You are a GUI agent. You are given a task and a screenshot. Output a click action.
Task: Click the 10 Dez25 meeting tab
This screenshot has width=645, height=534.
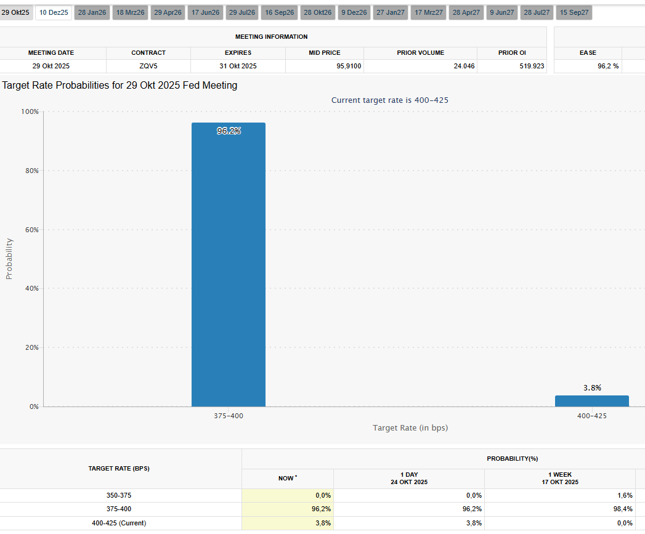pyautogui.click(x=54, y=12)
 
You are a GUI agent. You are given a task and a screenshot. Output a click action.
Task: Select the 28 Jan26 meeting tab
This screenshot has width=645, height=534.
pyautogui.click(x=91, y=12)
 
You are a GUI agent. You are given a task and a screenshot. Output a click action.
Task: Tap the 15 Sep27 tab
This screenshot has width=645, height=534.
pyautogui.click(x=574, y=12)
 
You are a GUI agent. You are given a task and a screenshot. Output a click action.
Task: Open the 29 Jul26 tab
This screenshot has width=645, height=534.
pyautogui.click(x=241, y=12)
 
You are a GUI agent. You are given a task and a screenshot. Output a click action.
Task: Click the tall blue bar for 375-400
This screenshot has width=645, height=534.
pyautogui.click(x=228, y=265)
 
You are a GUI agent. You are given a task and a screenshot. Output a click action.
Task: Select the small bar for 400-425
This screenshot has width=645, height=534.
pyautogui.click(x=591, y=401)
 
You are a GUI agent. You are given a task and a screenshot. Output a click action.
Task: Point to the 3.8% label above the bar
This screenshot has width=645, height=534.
pyautogui.click(x=592, y=388)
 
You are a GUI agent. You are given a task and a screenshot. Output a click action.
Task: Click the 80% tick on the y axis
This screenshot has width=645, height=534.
pyautogui.click(x=31, y=171)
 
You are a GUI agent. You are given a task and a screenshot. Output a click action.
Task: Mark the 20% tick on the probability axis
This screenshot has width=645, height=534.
pyautogui.click(x=31, y=347)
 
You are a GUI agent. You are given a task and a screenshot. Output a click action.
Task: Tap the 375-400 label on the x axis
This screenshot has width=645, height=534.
pyautogui.click(x=228, y=416)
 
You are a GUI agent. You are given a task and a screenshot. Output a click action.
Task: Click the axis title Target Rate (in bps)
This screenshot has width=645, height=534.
pyautogui.click(x=410, y=427)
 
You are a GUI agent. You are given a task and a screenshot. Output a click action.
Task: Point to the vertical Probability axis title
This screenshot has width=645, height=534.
pyautogui.click(x=9, y=259)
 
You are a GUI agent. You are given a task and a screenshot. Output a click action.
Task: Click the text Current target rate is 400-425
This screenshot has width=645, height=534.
pyautogui.click(x=394, y=100)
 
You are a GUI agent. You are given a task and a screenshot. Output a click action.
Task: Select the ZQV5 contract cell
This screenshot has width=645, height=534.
pyautogui.click(x=148, y=66)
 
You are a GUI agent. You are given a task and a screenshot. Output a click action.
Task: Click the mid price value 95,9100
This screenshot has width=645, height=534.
pyautogui.click(x=349, y=66)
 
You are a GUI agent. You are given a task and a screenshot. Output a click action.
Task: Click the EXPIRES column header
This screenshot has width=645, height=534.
pyautogui.click(x=237, y=53)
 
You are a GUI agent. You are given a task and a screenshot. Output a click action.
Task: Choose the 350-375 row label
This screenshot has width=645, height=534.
pyautogui.click(x=119, y=495)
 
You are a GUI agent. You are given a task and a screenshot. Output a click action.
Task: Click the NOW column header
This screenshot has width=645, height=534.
pyautogui.click(x=288, y=478)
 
